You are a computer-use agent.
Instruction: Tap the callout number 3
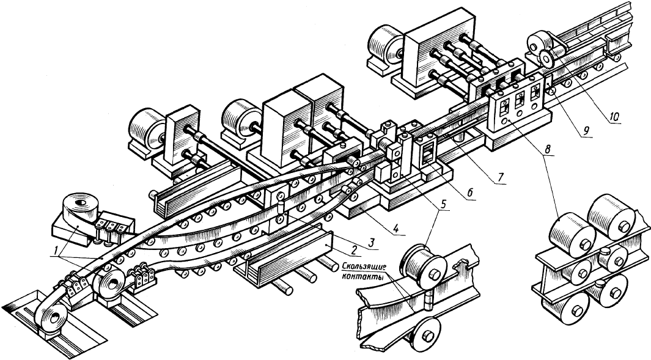click(x=372, y=241)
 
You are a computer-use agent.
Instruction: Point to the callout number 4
click(x=397, y=227)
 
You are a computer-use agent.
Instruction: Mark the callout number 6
click(x=469, y=192)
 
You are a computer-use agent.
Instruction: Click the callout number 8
click(x=548, y=149)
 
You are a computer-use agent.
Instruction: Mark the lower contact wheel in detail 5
click(x=426, y=335)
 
